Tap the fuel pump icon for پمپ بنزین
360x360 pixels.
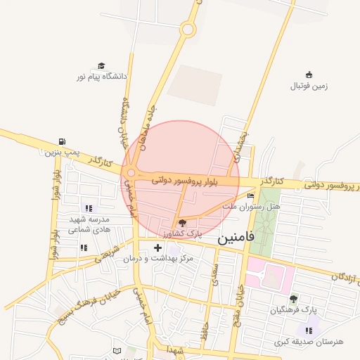click(x=64, y=141)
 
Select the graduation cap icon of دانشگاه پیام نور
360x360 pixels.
click(x=101, y=65)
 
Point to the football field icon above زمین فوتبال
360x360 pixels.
click(x=309, y=75)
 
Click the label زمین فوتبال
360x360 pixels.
click(x=309, y=86)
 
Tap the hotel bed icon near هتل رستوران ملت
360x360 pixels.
click(x=251, y=196)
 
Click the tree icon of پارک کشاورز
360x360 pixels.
click(x=183, y=222)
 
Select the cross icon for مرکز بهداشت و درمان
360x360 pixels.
click(x=157, y=247)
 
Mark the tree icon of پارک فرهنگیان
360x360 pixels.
click(x=294, y=299)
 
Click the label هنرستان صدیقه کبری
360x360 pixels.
click(x=309, y=342)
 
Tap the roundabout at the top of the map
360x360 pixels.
click(x=188, y=30)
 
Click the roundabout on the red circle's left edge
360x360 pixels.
click(x=131, y=175)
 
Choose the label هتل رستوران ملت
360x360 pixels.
click(x=251, y=207)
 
